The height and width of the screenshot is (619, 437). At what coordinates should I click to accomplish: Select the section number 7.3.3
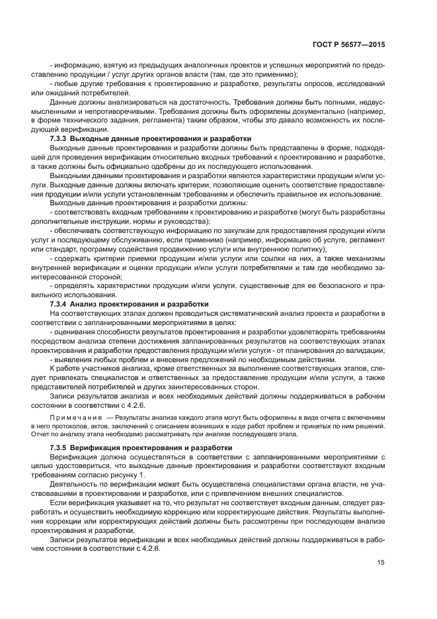(x=61, y=138)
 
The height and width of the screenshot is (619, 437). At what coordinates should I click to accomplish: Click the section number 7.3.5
(x=61, y=448)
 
